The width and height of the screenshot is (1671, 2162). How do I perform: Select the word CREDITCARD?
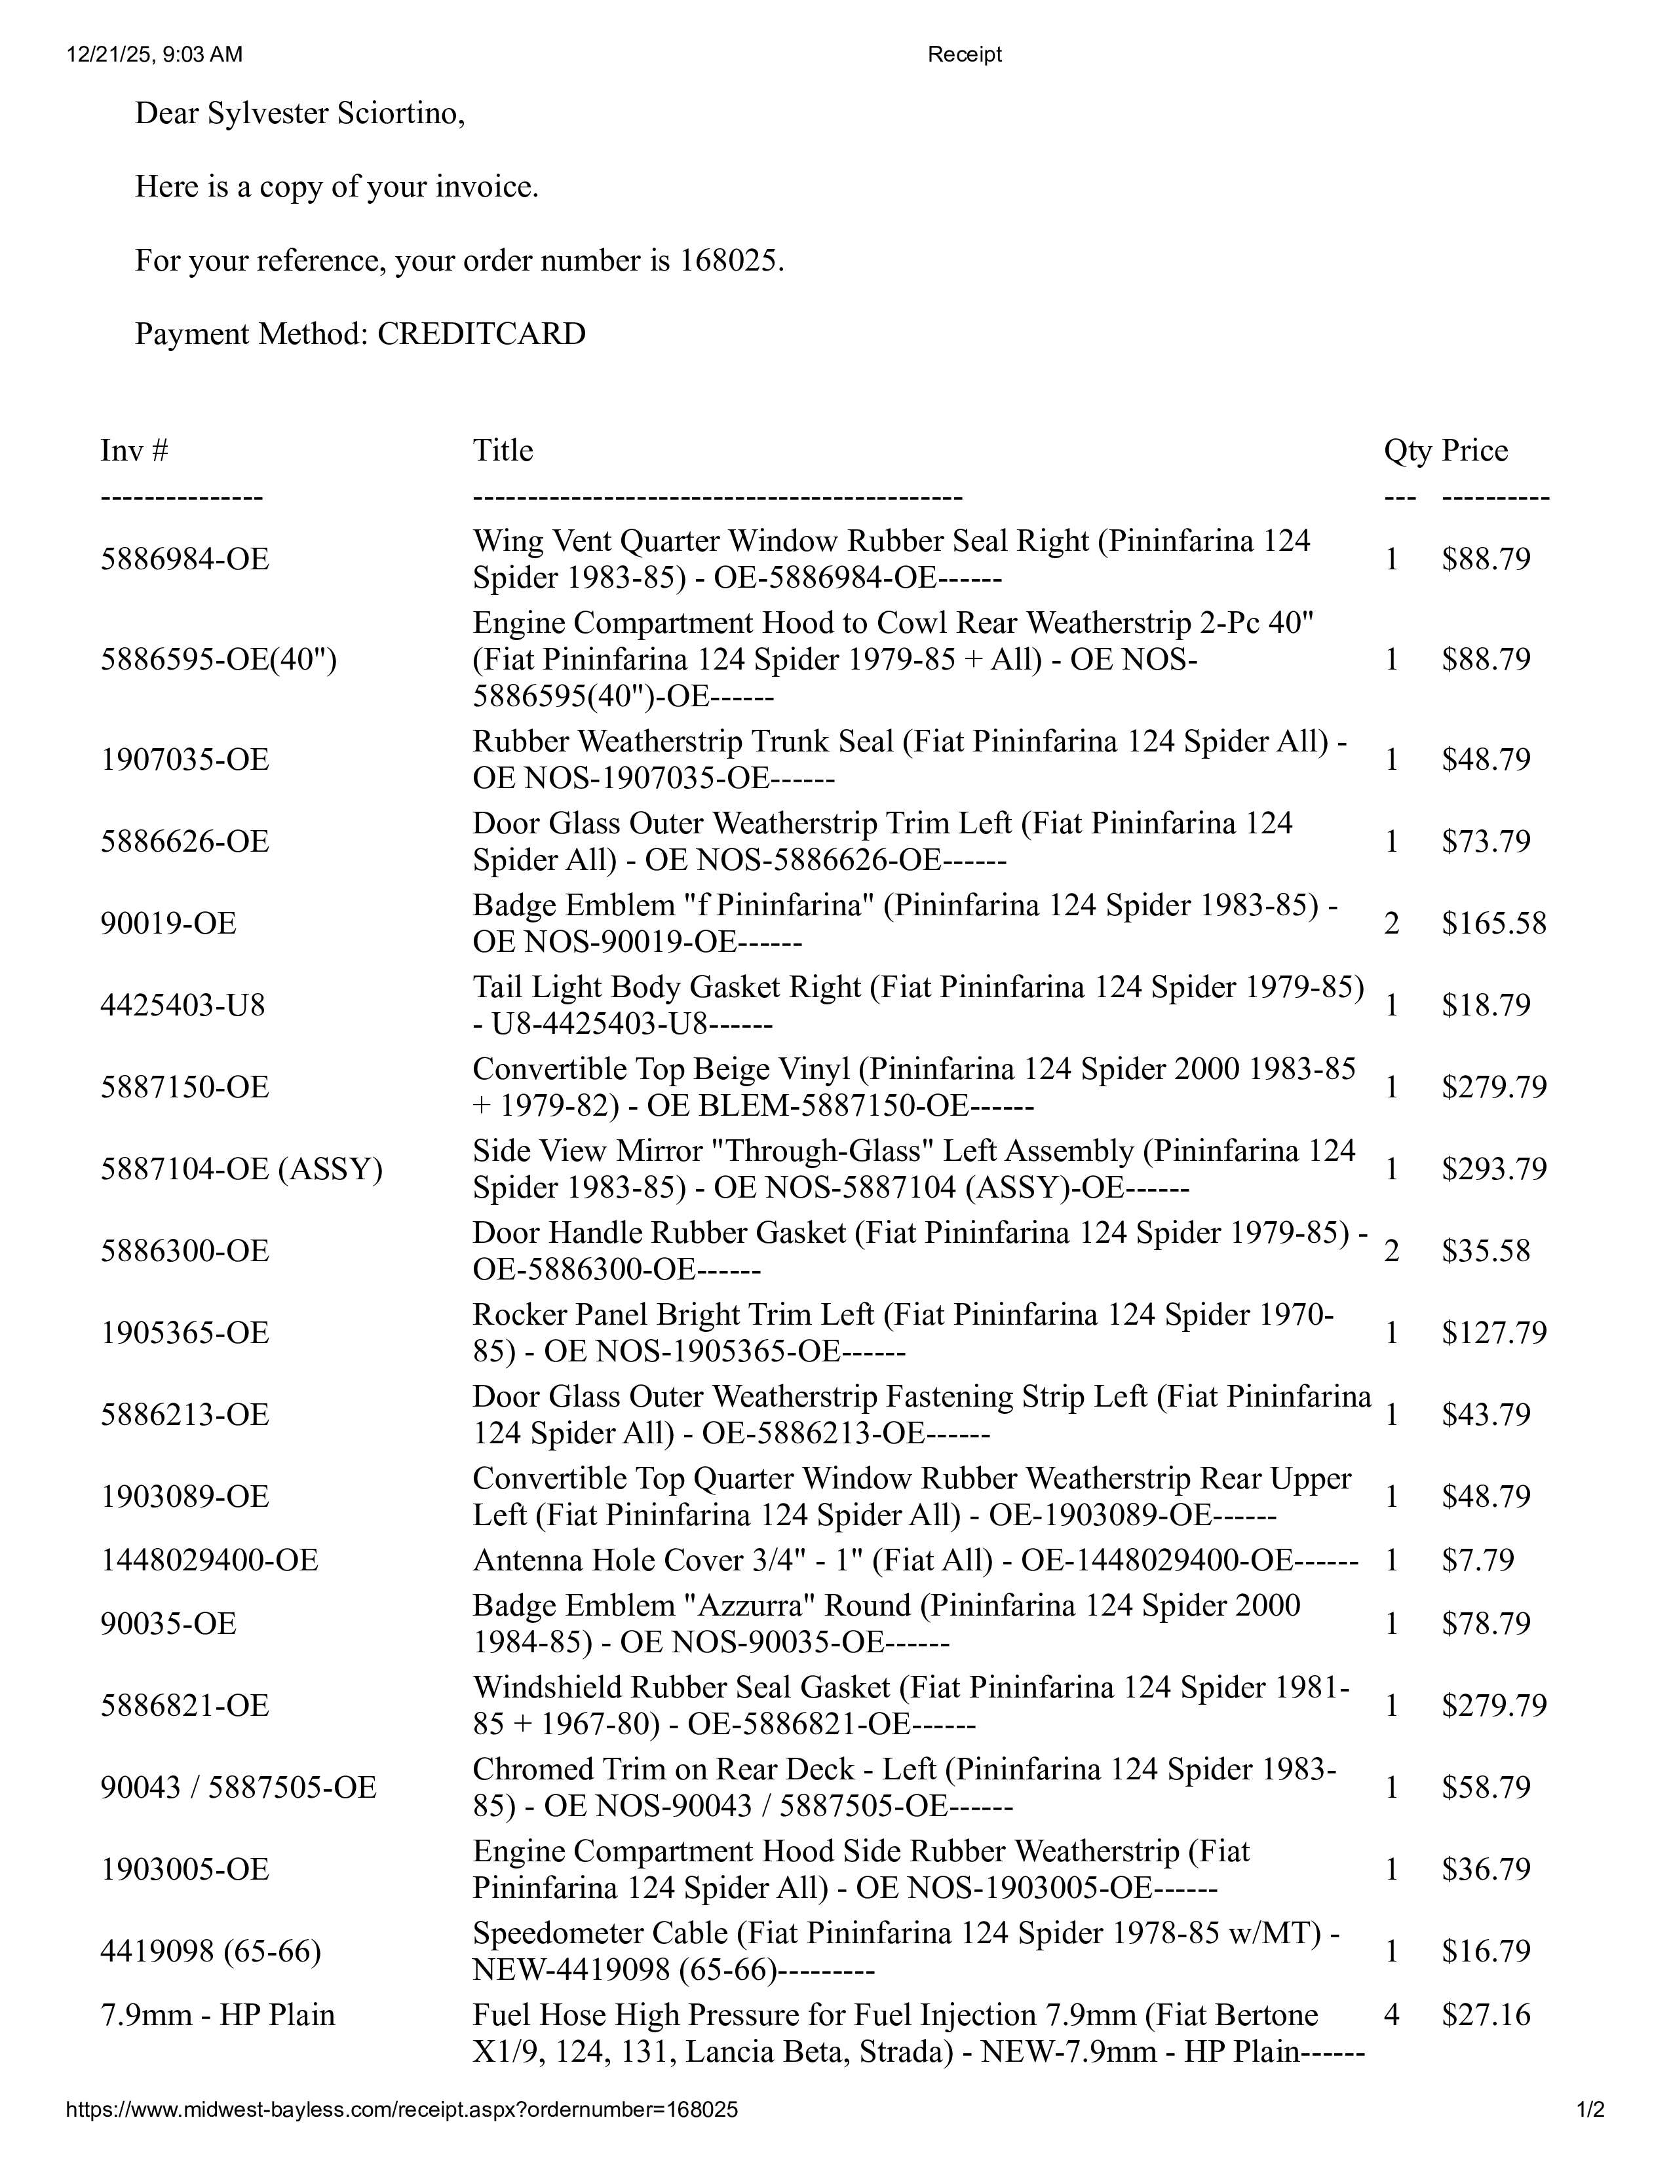pos(481,333)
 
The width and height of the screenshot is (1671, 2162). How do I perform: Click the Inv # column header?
pos(134,451)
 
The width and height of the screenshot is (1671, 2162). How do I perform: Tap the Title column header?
pos(503,451)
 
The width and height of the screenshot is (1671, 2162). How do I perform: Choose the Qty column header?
pos(1407,451)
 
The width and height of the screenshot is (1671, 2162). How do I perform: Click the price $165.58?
pos(1493,924)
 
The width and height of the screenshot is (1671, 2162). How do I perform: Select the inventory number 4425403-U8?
pos(183,1006)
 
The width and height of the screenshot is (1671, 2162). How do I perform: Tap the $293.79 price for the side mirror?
pos(1493,1169)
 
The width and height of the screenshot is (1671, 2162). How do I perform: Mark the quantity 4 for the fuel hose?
pos(1391,2015)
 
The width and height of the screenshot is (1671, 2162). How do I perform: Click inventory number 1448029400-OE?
pos(209,1560)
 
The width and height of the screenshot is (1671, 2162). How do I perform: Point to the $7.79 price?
pos(1477,1560)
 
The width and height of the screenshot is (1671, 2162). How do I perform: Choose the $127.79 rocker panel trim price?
pos(1493,1333)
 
